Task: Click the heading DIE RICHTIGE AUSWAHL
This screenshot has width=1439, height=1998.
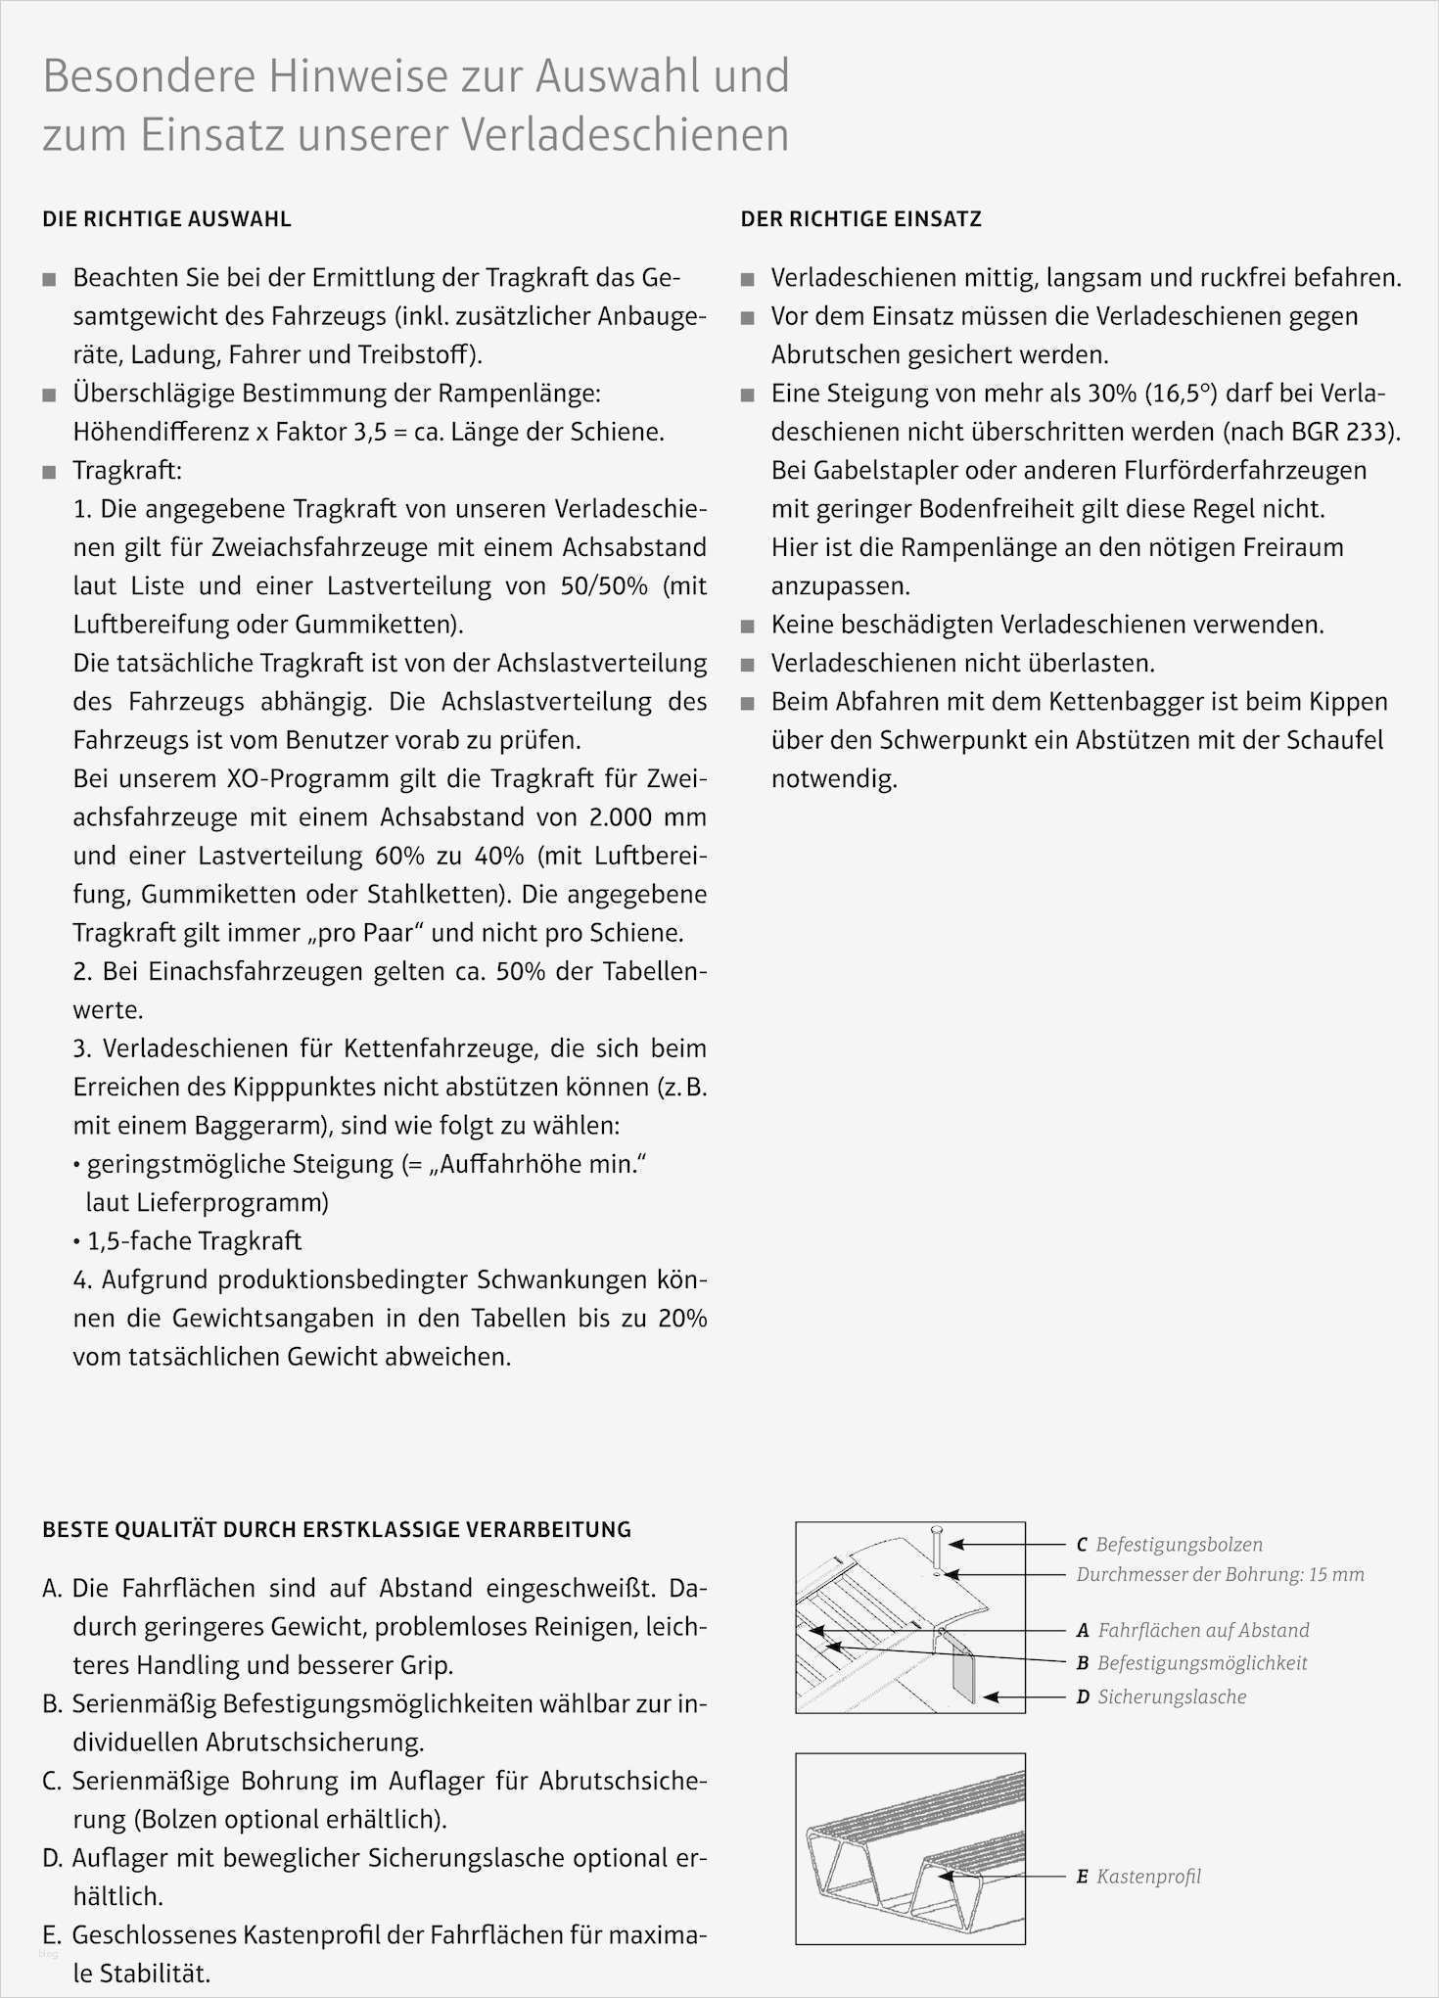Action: tap(166, 219)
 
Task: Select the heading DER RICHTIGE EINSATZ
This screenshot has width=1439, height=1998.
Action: tap(860, 219)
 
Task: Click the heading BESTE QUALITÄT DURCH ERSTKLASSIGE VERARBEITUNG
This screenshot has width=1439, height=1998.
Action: tap(337, 1529)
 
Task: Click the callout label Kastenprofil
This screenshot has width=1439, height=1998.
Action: tap(1148, 1877)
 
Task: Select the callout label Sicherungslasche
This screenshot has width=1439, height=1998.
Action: tap(1172, 1696)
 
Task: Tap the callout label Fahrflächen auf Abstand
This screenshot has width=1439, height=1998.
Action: tap(1203, 1630)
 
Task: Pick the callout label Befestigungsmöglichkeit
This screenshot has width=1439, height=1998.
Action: tap(1202, 1663)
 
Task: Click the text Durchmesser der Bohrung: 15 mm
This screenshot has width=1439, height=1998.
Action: tap(1220, 1574)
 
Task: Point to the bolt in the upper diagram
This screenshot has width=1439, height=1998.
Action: tap(936, 1549)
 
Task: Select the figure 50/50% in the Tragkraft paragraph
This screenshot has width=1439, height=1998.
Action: tap(604, 586)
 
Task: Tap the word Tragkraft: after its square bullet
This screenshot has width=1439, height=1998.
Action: tap(127, 471)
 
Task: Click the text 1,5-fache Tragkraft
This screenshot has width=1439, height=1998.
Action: tap(194, 1241)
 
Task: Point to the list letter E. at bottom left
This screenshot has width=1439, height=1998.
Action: tap(53, 1935)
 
